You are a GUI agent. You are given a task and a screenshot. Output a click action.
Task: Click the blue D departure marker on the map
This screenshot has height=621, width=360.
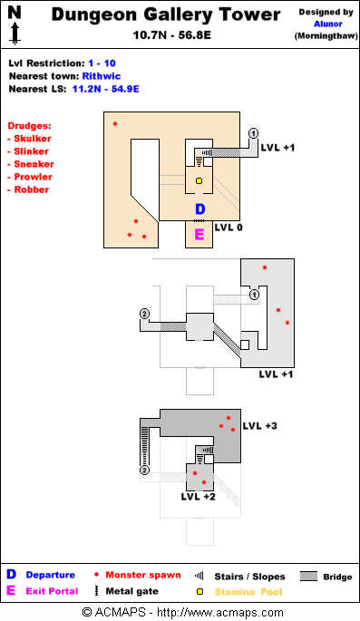tap(200, 209)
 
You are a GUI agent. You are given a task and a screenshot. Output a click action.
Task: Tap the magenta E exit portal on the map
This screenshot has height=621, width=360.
tap(199, 235)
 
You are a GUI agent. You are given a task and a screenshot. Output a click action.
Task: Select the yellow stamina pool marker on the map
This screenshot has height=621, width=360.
tap(199, 181)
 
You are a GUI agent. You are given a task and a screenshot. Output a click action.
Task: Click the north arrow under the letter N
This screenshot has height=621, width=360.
tap(15, 34)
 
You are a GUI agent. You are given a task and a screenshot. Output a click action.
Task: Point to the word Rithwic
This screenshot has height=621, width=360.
tap(102, 76)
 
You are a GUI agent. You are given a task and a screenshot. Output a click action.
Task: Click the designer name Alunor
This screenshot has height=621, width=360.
tap(328, 24)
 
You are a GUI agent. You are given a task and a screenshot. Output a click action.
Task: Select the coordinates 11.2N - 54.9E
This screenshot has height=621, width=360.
tap(106, 89)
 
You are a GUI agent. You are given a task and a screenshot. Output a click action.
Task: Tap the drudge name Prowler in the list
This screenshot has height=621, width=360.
tap(34, 177)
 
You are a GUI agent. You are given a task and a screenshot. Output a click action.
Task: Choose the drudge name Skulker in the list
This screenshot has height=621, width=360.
tap(33, 139)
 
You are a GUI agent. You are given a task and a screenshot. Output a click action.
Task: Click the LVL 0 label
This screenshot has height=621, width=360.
tap(229, 228)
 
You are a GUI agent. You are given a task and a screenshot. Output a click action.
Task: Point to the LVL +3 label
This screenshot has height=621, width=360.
tap(260, 426)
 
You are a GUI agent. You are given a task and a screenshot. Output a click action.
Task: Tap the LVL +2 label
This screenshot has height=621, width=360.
tap(198, 497)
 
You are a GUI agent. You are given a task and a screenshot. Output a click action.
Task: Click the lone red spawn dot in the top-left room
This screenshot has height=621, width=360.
tap(115, 124)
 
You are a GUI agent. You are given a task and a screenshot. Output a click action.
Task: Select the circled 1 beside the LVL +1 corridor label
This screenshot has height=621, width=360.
tap(254, 133)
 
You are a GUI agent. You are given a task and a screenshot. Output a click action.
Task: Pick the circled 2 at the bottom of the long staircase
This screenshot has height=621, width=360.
tap(144, 471)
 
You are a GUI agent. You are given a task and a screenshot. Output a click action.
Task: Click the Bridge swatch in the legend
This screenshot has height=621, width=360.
tap(308, 577)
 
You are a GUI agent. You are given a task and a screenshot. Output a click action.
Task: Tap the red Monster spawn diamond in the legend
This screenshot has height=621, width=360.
tap(97, 575)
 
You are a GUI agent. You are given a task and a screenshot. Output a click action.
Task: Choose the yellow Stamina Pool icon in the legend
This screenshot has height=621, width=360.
tap(200, 592)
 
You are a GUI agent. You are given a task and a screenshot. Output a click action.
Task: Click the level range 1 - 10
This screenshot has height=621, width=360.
tap(102, 63)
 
